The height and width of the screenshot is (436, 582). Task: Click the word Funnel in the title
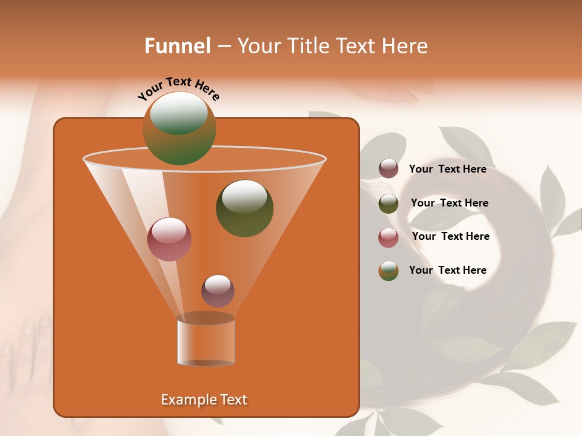(x=177, y=46)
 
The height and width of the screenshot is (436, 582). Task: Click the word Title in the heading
(x=308, y=46)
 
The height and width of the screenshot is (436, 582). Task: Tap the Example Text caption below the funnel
(x=204, y=400)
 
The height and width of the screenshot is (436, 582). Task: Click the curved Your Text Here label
(x=178, y=88)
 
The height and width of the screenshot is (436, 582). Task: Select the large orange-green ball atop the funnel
(x=179, y=128)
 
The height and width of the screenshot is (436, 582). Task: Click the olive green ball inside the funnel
(x=244, y=208)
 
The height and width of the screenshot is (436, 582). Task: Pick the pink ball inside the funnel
(x=169, y=239)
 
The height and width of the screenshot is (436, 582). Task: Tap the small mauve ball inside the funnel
(x=218, y=291)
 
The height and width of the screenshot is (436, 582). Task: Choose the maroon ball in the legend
(x=389, y=169)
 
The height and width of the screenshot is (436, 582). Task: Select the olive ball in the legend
(x=389, y=203)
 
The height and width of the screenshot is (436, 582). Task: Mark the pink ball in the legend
(x=389, y=237)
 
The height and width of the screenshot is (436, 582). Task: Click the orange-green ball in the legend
(x=389, y=271)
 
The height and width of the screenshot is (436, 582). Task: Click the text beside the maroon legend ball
(x=447, y=169)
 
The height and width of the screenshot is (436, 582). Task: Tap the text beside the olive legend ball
(x=449, y=203)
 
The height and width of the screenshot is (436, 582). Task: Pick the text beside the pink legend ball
(x=450, y=236)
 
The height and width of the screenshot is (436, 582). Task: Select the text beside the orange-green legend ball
(x=447, y=270)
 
